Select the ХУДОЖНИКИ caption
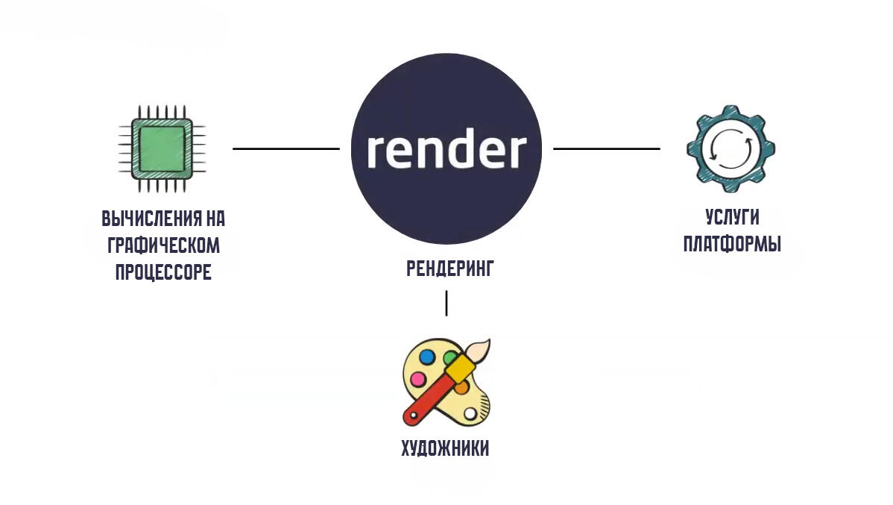(445, 449)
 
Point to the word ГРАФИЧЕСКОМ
(163, 245)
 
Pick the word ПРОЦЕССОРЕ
(163, 272)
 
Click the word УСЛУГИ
(732, 217)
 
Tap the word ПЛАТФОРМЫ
(732, 244)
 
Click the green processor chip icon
(158, 147)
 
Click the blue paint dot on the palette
(427, 357)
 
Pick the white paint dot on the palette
(470, 413)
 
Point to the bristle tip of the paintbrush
(482, 347)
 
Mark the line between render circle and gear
(606, 148)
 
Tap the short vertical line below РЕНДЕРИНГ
(446, 303)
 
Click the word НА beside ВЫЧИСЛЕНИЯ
(214, 219)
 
